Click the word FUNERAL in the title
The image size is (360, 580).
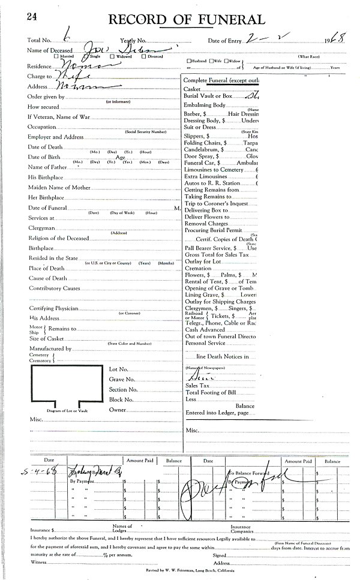coord(224,19)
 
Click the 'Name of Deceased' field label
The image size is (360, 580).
coord(49,50)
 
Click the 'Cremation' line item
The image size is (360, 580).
coord(199,269)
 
